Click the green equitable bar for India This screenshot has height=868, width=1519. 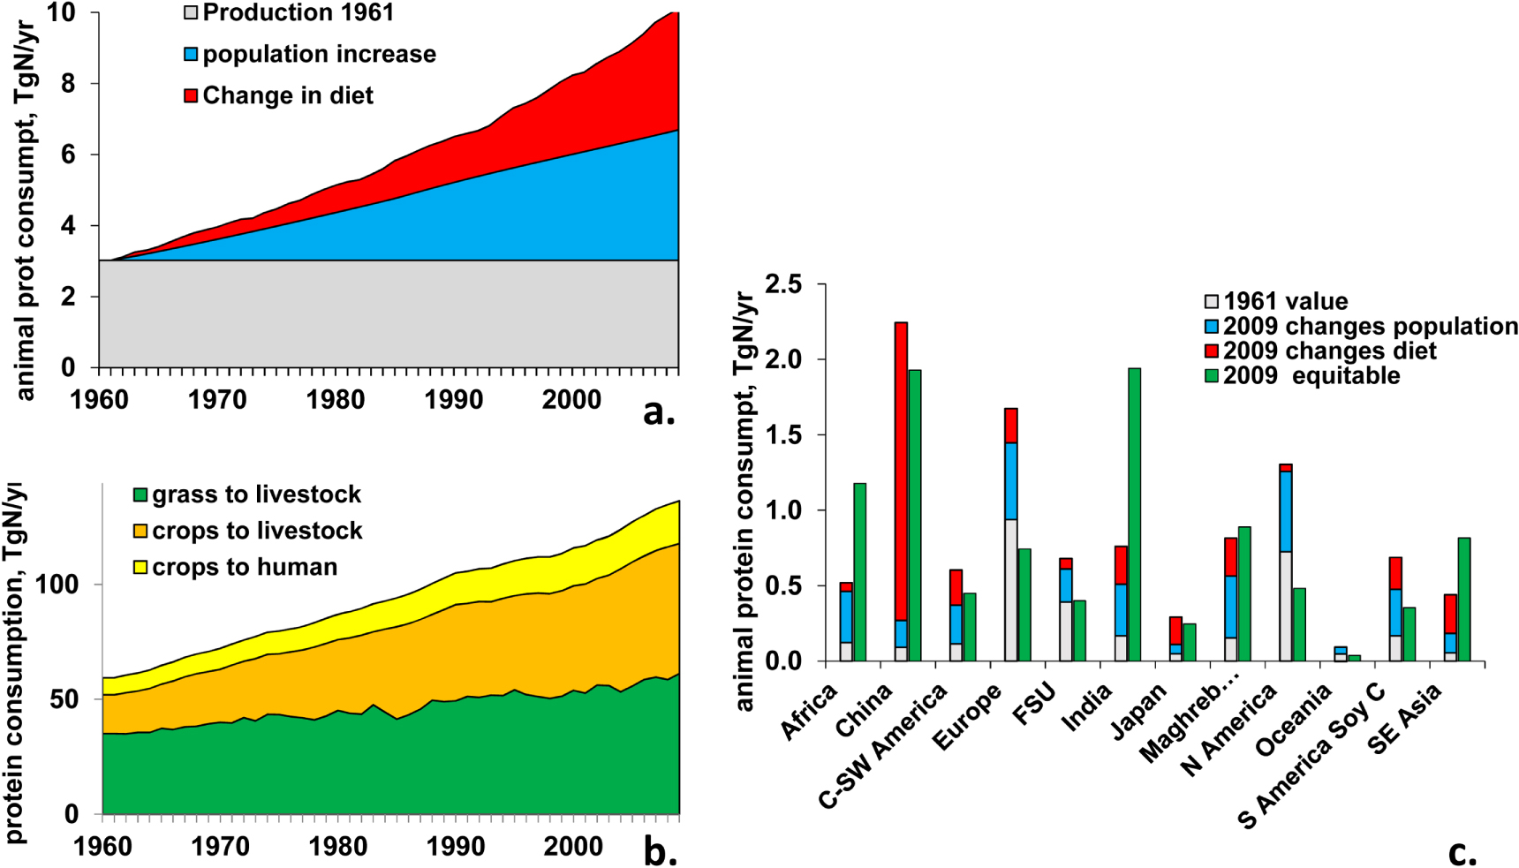click(x=1134, y=514)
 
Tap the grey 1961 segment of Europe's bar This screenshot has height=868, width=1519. click(x=1010, y=590)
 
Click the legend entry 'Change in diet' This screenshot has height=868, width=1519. click(x=279, y=95)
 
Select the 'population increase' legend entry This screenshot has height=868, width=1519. click(x=310, y=55)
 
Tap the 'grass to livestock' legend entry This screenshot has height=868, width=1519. click(x=247, y=494)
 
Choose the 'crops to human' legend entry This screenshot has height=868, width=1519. click(x=236, y=567)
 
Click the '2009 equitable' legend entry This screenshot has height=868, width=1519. click(x=1303, y=376)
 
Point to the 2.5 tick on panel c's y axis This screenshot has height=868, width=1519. click(x=784, y=284)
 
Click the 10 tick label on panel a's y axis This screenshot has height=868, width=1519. click(x=62, y=13)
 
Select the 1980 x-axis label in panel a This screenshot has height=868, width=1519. click(x=336, y=399)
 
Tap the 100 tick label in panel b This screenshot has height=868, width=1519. click(x=56, y=585)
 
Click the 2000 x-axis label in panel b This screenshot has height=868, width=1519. click(x=573, y=846)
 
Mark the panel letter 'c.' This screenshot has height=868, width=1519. click(x=1462, y=852)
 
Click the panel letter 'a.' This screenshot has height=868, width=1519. click(x=659, y=411)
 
